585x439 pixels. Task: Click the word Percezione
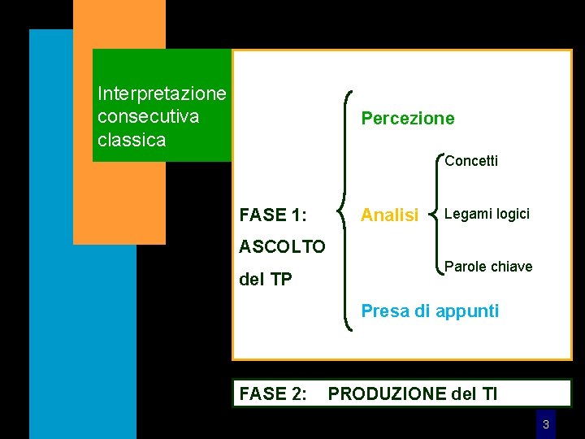point(408,119)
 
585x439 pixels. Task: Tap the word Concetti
point(471,161)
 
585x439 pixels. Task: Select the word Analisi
point(389,215)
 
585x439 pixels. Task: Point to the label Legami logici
point(488,214)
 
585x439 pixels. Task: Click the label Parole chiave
point(488,267)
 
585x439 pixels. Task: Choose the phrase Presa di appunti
point(430,311)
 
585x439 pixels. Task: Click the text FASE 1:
point(273,215)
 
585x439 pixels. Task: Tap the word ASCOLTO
point(282,246)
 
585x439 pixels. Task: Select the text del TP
point(266,280)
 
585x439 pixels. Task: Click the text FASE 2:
point(273,394)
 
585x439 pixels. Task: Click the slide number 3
point(546,424)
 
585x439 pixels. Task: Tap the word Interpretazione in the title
point(161,93)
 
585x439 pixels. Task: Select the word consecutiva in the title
point(148,116)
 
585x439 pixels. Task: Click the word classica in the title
point(131,140)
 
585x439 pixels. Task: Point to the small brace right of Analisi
point(439,215)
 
